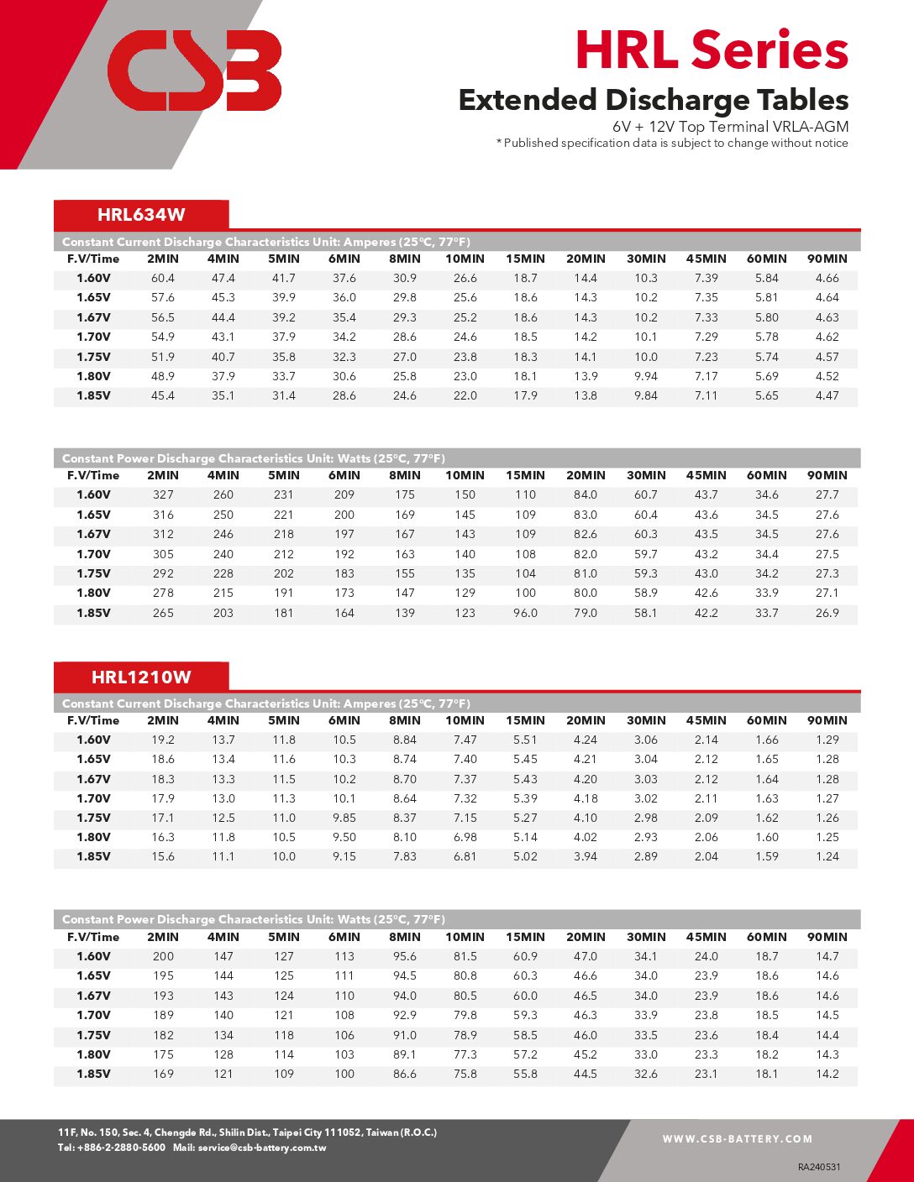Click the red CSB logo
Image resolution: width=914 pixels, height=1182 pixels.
tap(194, 71)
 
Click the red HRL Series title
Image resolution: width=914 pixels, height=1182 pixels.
tap(712, 50)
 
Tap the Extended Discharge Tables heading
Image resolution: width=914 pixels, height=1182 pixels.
tap(653, 100)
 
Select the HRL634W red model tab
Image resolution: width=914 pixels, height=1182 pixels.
tap(141, 214)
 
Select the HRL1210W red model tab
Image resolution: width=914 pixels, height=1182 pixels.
tap(141, 677)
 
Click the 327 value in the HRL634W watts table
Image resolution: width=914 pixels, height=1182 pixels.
tap(163, 494)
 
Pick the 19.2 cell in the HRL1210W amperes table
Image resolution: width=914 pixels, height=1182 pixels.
tap(163, 740)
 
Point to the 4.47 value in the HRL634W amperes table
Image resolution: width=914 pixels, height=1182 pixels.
tap(827, 395)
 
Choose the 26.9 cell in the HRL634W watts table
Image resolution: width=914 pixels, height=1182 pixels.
tap(827, 613)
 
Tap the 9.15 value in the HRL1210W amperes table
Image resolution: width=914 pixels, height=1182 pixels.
tap(344, 856)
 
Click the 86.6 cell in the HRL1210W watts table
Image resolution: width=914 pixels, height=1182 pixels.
tap(404, 1074)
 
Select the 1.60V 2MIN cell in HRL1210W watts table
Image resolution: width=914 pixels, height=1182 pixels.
tap(163, 956)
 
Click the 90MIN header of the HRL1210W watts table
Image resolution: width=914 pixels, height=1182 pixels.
tap(827, 937)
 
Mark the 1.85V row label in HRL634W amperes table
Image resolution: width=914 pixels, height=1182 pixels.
tap(93, 395)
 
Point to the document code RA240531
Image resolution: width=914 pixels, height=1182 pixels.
tap(819, 1167)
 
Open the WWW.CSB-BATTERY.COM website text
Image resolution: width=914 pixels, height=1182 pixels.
tap(737, 1139)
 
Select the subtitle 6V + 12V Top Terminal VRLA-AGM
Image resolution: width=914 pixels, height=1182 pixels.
tap(730, 127)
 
